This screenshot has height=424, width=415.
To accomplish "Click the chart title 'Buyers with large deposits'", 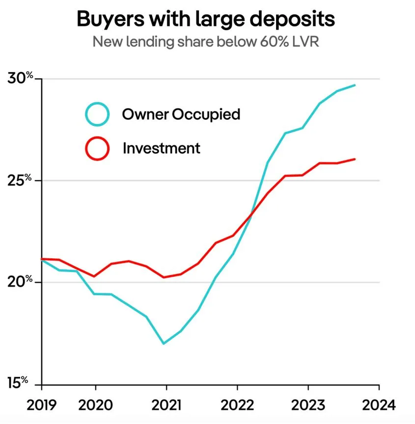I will (x=206, y=19).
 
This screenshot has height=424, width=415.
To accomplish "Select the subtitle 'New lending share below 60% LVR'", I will (x=206, y=41).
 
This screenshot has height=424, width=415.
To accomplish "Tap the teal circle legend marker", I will (x=97, y=114).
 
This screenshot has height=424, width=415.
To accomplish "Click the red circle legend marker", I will (x=97, y=148).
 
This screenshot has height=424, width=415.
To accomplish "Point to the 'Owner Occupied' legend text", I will (x=181, y=114).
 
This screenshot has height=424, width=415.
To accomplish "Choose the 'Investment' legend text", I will (x=161, y=148).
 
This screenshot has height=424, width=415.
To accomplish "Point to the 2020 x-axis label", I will (x=95, y=405).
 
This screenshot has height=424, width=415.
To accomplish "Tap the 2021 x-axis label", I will (x=166, y=405).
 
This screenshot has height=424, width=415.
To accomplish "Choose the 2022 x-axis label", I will (x=237, y=405).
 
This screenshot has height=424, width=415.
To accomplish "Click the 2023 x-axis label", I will (x=308, y=405).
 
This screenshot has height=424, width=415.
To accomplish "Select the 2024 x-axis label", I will (x=379, y=405).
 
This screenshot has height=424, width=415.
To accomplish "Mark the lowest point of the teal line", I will (x=164, y=343).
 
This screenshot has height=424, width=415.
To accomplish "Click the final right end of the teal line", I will (x=355, y=85).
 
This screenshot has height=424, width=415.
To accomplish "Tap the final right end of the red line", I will (x=355, y=159).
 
